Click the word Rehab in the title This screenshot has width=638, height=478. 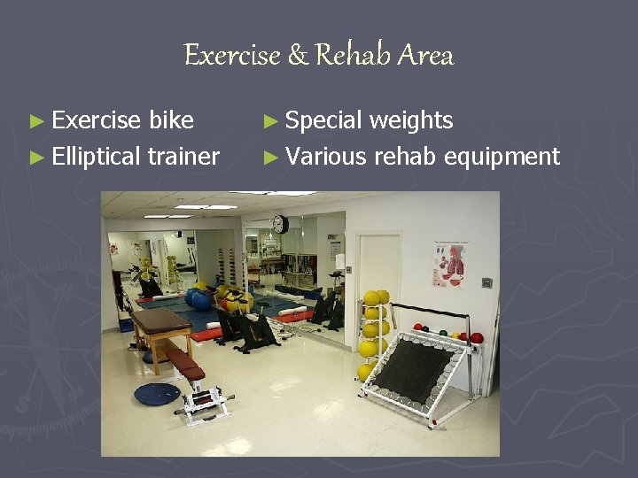[353, 56]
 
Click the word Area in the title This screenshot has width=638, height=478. [425, 56]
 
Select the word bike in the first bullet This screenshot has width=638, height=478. [172, 120]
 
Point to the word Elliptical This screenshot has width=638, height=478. [96, 158]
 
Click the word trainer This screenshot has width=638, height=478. [183, 158]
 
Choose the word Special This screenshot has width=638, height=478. [324, 120]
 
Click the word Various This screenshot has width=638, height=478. [326, 158]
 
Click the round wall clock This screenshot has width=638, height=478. [280, 225]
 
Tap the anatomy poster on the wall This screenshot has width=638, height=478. [449, 264]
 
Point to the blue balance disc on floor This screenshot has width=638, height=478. [156, 393]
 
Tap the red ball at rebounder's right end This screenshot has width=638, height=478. [477, 337]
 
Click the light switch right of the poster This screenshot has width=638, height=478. [486, 283]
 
